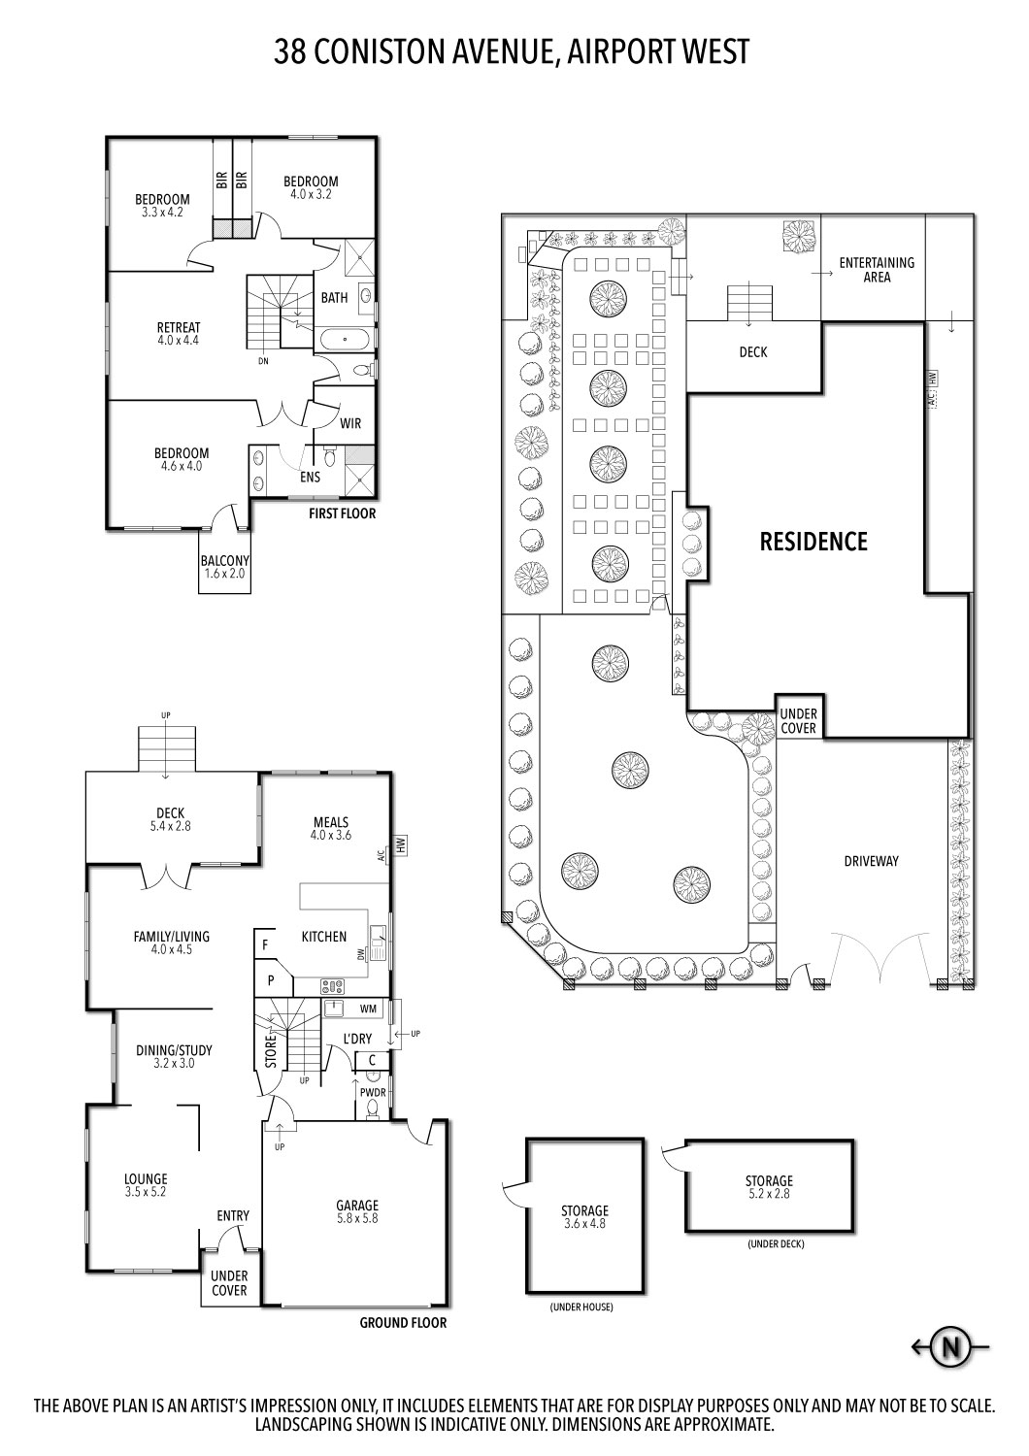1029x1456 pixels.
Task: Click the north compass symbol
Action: coord(951,1346)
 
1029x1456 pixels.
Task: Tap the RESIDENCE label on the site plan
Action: coord(813,542)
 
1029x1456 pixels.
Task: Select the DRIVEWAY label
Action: coord(871,861)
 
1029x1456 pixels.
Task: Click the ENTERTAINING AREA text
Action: coord(877,270)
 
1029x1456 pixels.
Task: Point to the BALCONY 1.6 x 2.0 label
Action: coord(224,567)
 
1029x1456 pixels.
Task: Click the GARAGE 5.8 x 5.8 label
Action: coord(358,1211)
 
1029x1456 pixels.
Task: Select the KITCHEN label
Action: coord(324,937)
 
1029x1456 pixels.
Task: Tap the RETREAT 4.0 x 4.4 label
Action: coord(178,334)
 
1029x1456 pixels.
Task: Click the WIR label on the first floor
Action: coord(350,424)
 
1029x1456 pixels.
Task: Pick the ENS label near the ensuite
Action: coord(310,477)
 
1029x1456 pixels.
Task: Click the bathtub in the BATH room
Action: coord(344,341)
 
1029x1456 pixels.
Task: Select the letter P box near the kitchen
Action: coord(272,980)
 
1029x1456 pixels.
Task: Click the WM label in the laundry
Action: coord(368,1009)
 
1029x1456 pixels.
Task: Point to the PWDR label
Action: coord(373,1092)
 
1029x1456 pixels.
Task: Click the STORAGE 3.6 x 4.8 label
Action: coord(584,1217)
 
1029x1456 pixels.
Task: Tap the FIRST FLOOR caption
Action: coord(342,513)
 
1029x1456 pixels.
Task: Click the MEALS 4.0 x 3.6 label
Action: coord(330,828)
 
